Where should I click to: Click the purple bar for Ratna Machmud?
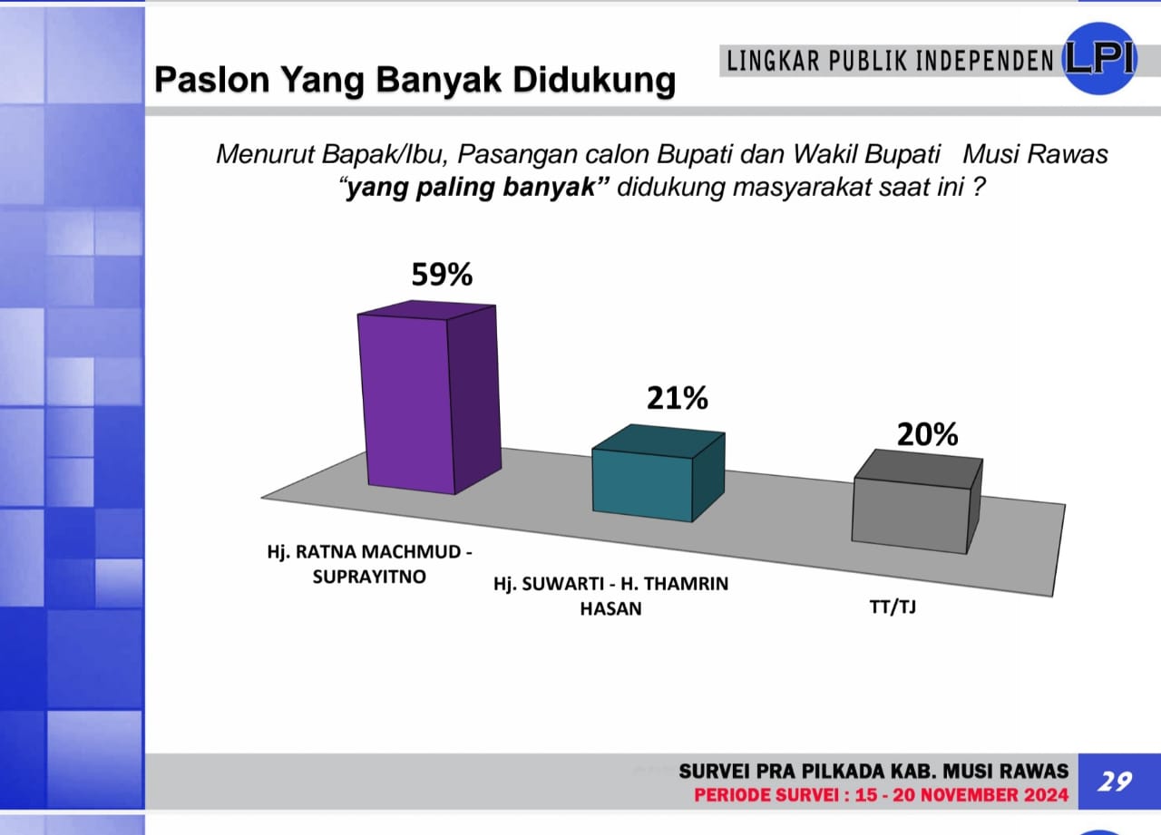tap(429, 398)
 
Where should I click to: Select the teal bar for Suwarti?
tap(659, 473)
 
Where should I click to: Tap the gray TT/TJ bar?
tap(917, 501)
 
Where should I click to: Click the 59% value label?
tap(442, 274)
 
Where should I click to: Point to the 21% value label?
tap(677, 398)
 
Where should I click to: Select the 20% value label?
tap(927, 434)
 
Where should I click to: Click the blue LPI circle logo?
tap(1098, 59)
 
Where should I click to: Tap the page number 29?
tap(1115, 782)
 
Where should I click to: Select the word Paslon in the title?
tap(212, 80)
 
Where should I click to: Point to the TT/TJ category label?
tap(893, 607)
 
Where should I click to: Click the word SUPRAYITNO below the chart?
tap(369, 577)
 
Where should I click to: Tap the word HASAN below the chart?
tap(610, 608)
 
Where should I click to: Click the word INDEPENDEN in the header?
tap(985, 61)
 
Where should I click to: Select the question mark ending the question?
tap(978, 187)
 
